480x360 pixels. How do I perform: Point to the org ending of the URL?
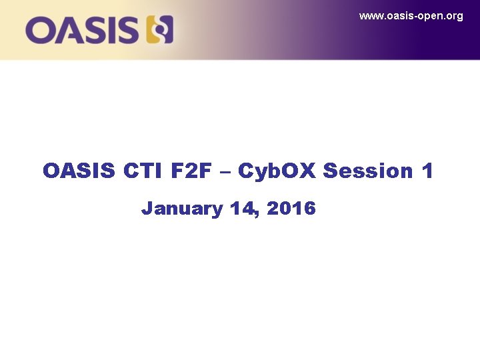point(454,17)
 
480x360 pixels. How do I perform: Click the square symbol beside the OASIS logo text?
point(160,30)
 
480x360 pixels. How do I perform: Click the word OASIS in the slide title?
point(79,171)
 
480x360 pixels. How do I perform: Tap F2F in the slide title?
point(193,171)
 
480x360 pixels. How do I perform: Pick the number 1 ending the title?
point(427,171)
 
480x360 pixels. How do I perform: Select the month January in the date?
point(181,209)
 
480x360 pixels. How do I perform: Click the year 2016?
point(291,209)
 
